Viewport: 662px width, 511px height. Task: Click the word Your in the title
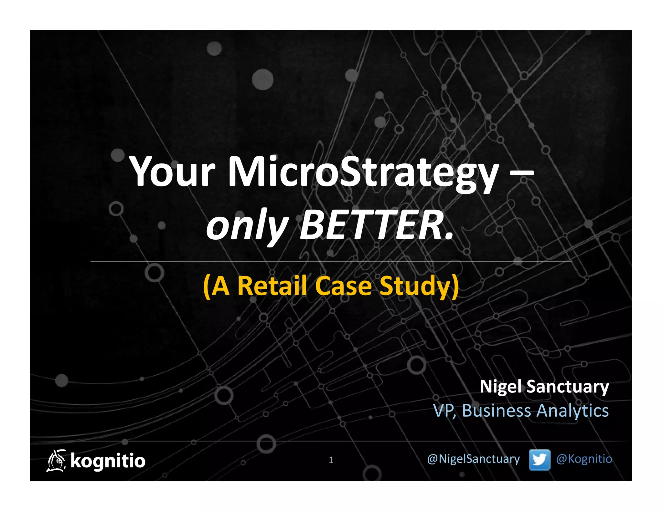point(172,172)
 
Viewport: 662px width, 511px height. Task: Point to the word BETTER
point(377,225)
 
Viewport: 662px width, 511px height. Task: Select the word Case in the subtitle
point(343,286)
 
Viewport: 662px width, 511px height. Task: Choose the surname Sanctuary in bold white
point(568,387)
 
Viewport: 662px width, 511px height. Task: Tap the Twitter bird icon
point(539,459)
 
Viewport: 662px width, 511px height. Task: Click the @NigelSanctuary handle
point(473,459)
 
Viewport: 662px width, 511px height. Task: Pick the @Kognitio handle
point(584,459)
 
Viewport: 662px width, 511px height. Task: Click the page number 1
point(331,460)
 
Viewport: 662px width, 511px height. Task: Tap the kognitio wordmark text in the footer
point(108,461)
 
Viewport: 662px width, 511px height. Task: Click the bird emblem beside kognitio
point(56,461)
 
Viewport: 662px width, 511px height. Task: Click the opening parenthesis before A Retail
point(207,286)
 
